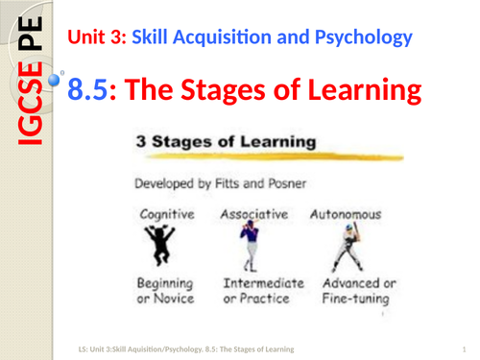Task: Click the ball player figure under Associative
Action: [251, 246]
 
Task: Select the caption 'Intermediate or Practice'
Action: [262, 292]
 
